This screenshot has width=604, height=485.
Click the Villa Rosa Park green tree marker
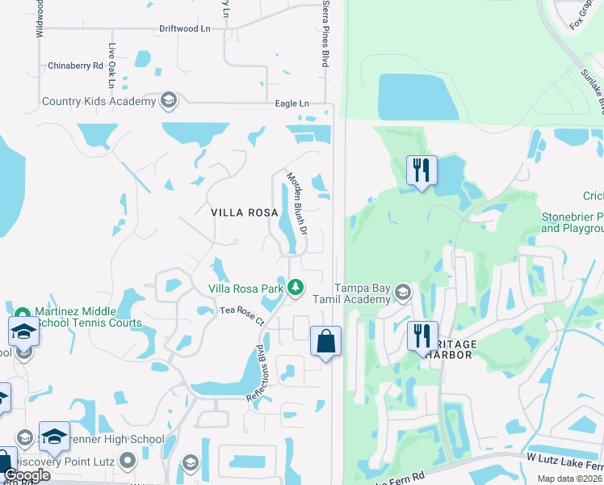pyautogui.click(x=296, y=287)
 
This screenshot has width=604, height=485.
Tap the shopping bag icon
pyautogui.click(x=325, y=340)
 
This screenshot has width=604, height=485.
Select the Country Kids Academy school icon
pyautogui.click(x=168, y=101)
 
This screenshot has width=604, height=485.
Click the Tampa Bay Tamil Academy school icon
pyautogui.click(x=403, y=291)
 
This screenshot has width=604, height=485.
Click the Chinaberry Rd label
pyautogui.click(x=76, y=65)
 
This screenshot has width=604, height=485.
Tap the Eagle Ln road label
pyautogui.click(x=292, y=103)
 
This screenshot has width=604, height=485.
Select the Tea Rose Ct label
pyautogui.click(x=241, y=315)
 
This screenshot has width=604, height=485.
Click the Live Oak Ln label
pyautogui.click(x=112, y=66)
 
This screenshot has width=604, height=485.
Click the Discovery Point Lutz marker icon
pyautogui.click(x=128, y=462)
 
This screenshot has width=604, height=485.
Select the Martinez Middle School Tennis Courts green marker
pyautogui.click(x=22, y=314)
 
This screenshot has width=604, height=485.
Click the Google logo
pyautogui.click(x=26, y=475)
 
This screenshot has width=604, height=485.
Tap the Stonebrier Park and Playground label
pyautogui.click(x=572, y=223)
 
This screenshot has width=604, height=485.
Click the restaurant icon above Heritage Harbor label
pyautogui.click(x=422, y=335)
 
